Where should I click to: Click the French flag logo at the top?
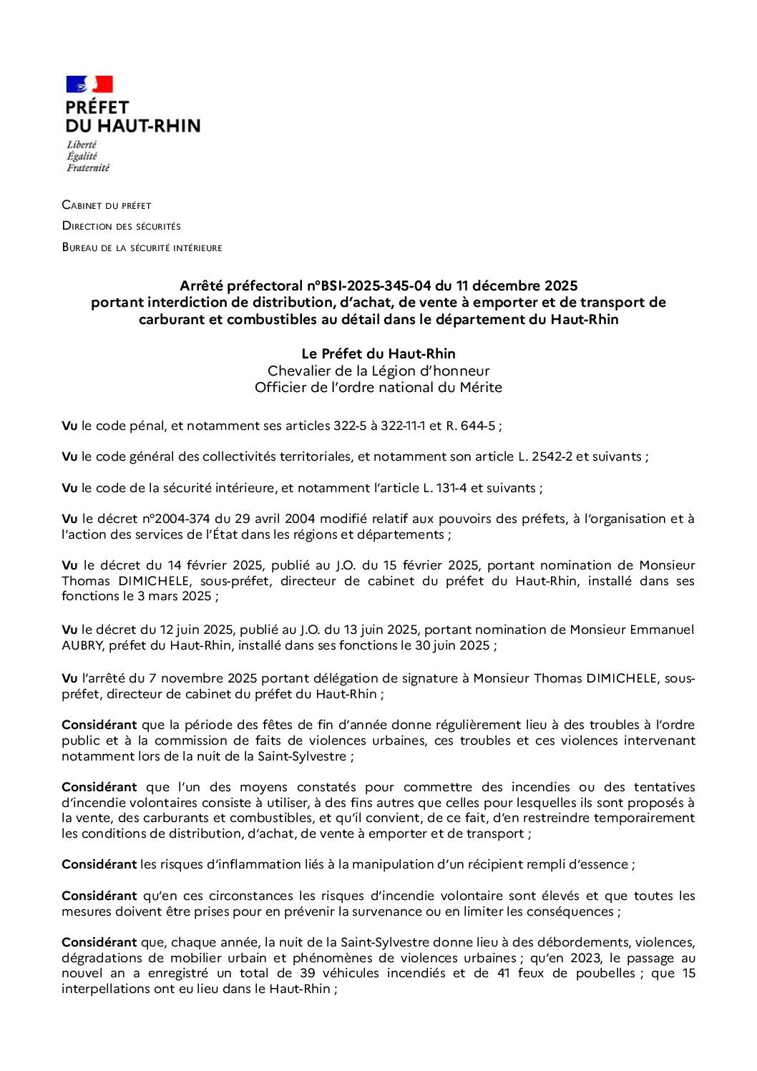coord(89,84)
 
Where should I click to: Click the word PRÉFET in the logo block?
coord(97,107)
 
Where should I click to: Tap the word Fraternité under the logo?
coord(87,168)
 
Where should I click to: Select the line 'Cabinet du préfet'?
coord(107,205)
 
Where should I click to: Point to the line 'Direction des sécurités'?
coord(121,226)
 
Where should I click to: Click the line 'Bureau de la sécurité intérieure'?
coord(142,248)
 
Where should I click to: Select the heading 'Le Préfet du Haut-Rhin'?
coord(378,353)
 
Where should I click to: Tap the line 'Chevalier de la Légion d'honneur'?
coord(378,371)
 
